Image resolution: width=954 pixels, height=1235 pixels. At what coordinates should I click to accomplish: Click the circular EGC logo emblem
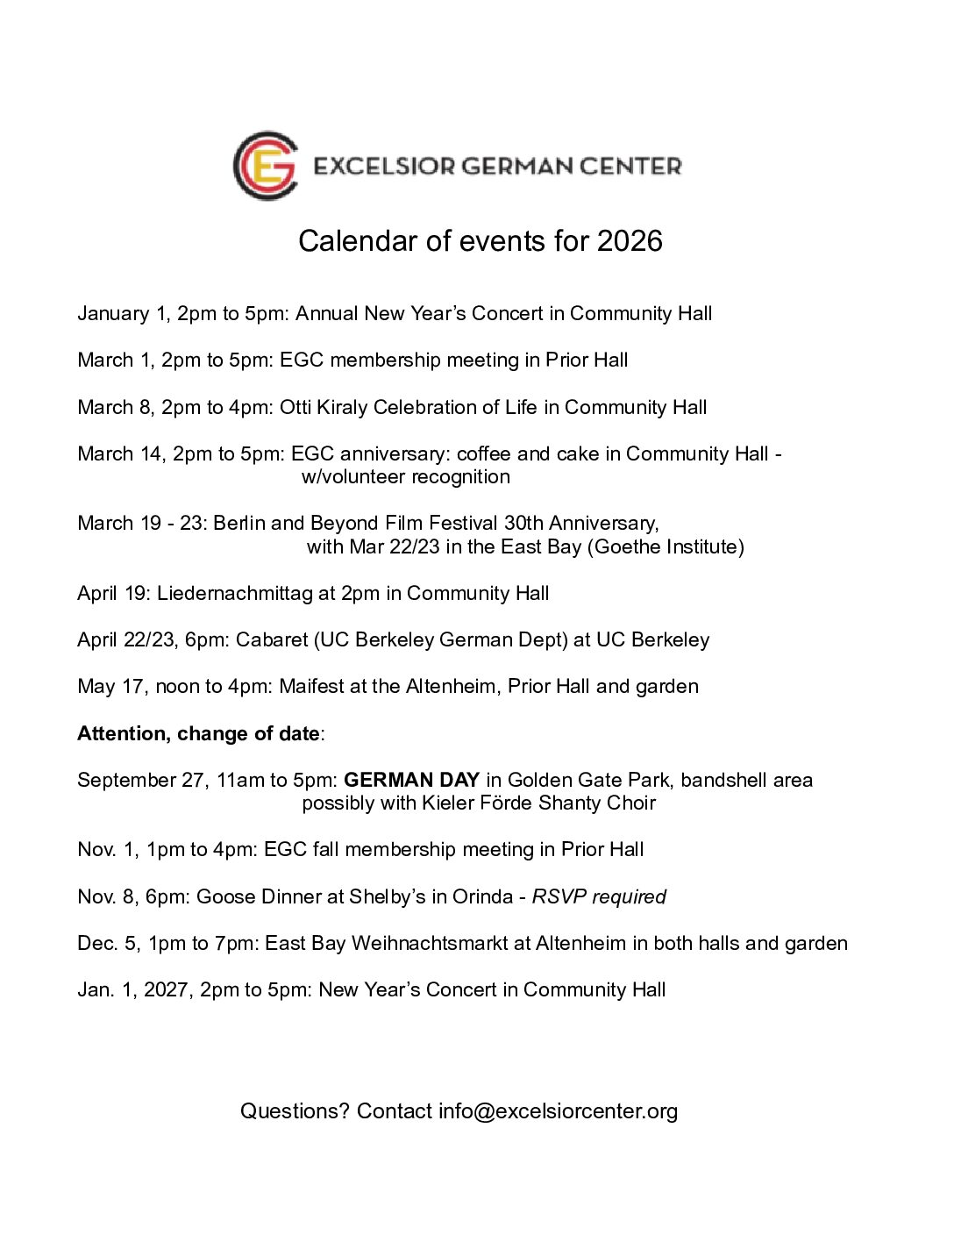click(265, 166)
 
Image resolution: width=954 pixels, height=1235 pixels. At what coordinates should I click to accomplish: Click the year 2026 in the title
click(630, 241)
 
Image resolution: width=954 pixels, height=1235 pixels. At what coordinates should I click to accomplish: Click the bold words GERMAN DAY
click(411, 780)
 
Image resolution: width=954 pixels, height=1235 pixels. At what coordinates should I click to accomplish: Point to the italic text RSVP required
click(599, 896)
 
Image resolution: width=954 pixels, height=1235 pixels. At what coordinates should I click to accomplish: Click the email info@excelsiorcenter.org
click(558, 1111)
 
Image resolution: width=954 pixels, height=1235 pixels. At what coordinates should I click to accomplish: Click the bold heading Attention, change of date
click(198, 733)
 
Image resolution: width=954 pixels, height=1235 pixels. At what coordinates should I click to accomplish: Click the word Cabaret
click(272, 639)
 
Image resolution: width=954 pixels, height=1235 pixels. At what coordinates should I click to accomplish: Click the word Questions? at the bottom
click(295, 1111)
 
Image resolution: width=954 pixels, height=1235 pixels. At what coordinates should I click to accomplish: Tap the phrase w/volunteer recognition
click(405, 476)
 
